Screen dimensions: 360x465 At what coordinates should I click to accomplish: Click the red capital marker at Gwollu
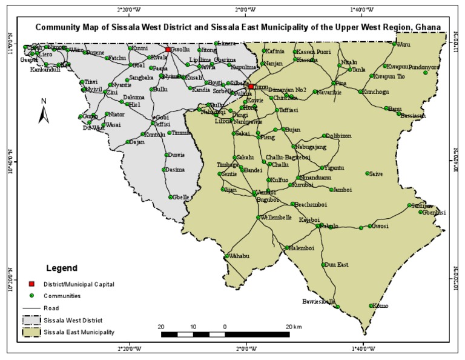[x=168, y=50]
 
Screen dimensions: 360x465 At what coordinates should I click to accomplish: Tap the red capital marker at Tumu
[x=251, y=87]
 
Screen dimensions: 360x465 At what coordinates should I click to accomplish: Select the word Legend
[x=62, y=267]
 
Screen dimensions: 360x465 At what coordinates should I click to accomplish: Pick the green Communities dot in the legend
[x=31, y=296]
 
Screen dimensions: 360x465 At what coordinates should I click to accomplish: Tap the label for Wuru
[x=404, y=44]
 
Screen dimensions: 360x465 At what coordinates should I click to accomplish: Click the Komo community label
[x=381, y=306]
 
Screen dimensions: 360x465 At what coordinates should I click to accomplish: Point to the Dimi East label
[x=337, y=264]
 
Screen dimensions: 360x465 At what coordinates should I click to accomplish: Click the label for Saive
[x=375, y=173]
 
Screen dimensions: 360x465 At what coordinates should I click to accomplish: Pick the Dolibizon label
[x=339, y=136]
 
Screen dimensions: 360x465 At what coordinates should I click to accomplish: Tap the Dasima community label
[x=176, y=170]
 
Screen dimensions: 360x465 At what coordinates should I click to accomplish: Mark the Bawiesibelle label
[x=318, y=301]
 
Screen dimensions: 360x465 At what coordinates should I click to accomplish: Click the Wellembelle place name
[x=276, y=217]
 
